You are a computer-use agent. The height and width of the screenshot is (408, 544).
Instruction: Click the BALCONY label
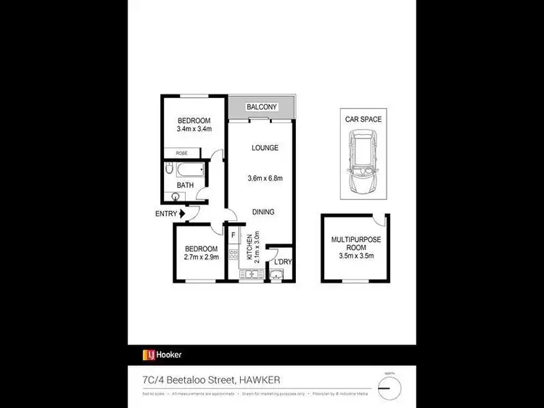(262, 107)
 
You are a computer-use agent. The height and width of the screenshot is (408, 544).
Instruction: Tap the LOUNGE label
(265, 148)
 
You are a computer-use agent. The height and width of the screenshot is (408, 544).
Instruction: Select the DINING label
(263, 212)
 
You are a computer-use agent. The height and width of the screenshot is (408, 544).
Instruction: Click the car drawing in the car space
(360, 162)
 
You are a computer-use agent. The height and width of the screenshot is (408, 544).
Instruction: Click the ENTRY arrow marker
(182, 213)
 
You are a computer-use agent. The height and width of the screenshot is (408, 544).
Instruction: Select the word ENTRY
(166, 213)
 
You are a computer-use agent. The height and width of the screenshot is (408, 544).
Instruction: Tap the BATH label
(186, 186)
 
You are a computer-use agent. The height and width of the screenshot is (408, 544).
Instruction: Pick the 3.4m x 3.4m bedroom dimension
(193, 129)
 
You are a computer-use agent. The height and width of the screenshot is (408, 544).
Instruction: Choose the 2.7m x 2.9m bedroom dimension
(200, 257)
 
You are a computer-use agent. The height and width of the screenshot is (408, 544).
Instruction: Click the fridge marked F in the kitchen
(234, 236)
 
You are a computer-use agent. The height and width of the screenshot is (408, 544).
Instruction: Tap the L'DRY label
(282, 262)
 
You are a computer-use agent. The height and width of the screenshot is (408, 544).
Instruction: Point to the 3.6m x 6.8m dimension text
(265, 178)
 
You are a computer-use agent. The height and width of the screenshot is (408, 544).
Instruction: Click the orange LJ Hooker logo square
(148, 354)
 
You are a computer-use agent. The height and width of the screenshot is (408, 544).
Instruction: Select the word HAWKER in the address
(258, 379)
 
